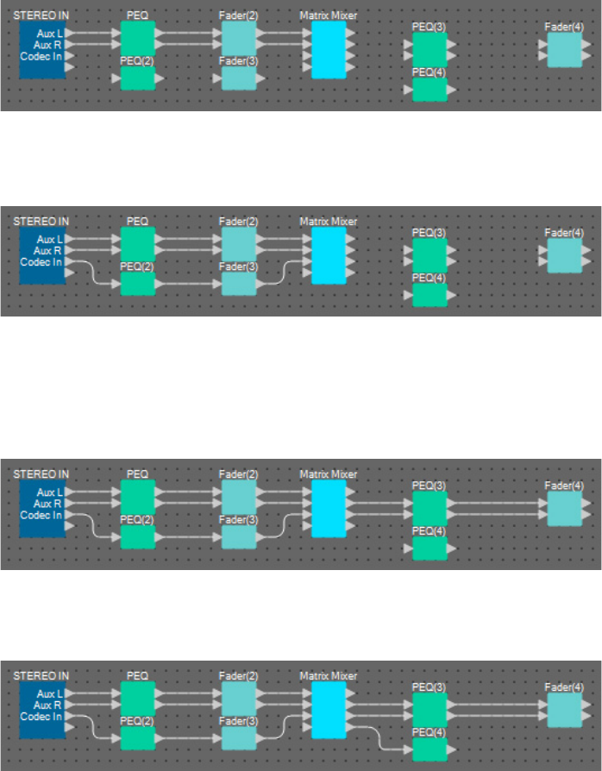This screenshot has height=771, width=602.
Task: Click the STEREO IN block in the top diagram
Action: (42, 50)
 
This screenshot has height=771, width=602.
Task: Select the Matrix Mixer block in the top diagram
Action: (328, 50)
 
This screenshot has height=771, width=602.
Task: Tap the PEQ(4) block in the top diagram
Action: (430, 90)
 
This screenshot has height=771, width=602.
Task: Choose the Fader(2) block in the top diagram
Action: (238, 38)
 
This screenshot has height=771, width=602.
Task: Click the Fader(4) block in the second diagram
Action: (564, 255)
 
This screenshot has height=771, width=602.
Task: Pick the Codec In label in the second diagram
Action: (41, 261)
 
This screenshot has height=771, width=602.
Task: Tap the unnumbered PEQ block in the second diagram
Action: (137, 243)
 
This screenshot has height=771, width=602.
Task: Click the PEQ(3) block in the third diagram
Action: (430, 508)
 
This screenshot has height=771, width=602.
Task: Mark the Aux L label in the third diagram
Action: (50, 492)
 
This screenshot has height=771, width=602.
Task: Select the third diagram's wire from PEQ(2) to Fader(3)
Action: (188, 536)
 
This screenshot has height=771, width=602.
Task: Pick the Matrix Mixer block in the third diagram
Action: (328, 507)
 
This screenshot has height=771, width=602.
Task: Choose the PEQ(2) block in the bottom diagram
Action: (137, 738)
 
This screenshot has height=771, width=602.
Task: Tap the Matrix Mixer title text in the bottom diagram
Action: (328, 675)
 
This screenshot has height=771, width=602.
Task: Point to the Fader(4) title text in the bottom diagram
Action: (564, 686)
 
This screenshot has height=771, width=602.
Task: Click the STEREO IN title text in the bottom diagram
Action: (41, 675)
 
